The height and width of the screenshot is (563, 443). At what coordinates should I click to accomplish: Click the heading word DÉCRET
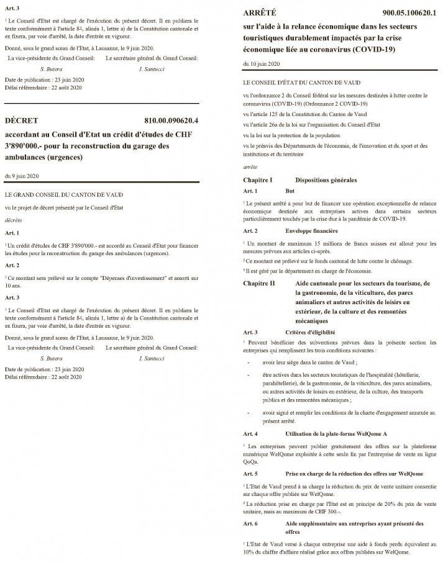pyautogui.click(x=22, y=120)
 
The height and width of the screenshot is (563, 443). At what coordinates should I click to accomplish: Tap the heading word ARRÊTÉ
pyautogui.click(x=260, y=12)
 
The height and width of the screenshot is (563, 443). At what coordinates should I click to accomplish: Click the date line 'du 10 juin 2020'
pyautogui.click(x=261, y=64)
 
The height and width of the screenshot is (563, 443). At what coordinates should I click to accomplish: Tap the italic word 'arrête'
pyautogui.click(x=249, y=168)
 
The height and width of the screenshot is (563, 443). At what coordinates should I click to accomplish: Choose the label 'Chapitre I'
pyautogui.click(x=258, y=179)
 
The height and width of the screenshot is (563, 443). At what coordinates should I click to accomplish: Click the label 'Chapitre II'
pyautogui.click(x=259, y=283)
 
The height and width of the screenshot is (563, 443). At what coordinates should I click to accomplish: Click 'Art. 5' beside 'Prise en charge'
pyautogui.click(x=251, y=474)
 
